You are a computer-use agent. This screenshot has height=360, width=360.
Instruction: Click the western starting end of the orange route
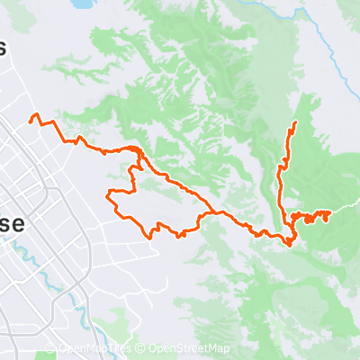click(x=31, y=119)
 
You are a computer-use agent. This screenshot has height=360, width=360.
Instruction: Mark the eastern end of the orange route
click(x=330, y=211)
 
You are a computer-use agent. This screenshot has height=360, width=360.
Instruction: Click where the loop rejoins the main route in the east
click(x=212, y=213)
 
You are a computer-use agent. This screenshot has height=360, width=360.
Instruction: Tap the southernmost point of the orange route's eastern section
click(x=290, y=243)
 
